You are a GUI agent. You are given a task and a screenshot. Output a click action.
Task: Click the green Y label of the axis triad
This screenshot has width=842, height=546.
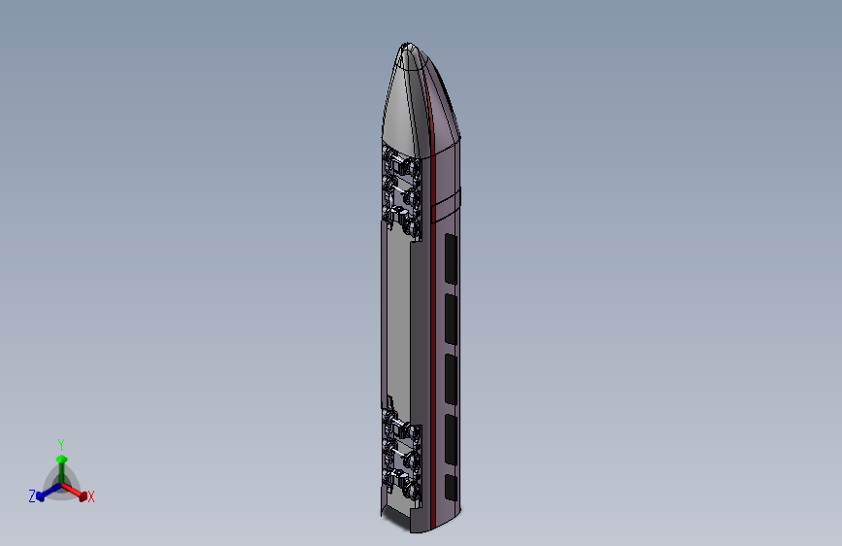61,444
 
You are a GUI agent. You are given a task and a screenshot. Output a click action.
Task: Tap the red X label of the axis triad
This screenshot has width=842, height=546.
90,496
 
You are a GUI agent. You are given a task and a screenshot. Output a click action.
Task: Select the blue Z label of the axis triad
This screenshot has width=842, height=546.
32,495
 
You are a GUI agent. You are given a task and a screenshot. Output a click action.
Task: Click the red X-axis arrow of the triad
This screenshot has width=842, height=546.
75,492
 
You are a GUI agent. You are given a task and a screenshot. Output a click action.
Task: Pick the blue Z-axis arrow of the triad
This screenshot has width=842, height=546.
49,492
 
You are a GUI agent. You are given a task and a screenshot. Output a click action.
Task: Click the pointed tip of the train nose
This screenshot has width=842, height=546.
407,44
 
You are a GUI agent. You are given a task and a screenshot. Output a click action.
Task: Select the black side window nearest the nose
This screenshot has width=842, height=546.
451,259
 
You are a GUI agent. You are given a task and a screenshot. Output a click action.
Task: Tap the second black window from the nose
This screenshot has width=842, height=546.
451,320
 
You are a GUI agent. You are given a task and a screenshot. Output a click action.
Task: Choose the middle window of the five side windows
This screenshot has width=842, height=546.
451,380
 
